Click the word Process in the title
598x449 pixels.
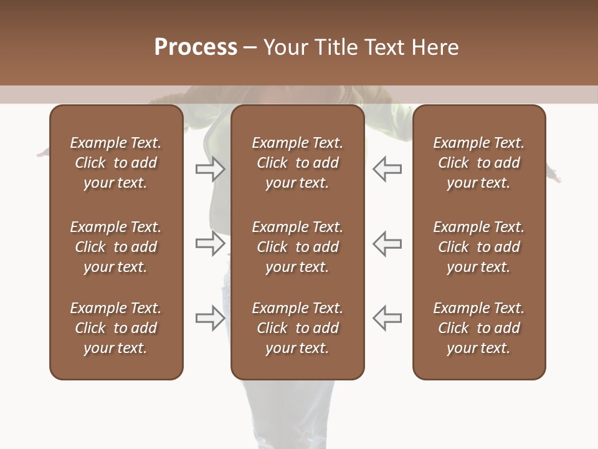pyautogui.click(x=196, y=47)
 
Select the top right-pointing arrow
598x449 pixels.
pyautogui.click(x=210, y=169)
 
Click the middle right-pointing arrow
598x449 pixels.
pyautogui.click(x=210, y=243)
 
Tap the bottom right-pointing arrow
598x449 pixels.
pyautogui.click(x=210, y=318)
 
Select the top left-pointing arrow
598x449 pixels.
pyautogui.click(x=387, y=169)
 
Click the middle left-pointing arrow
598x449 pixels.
pyautogui.click(x=387, y=243)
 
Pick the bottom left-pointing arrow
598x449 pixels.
pyautogui.click(x=387, y=318)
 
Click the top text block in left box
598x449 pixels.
pyautogui.click(x=116, y=163)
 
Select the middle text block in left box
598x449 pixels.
pyautogui.click(x=116, y=247)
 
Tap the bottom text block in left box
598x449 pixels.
pyautogui.click(x=116, y=328)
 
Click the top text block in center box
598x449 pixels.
pyautogui.click(x=297, y=163)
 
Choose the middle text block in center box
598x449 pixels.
pyautogui.click(x=297, y=247)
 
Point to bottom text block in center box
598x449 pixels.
pyautogui.click(x=297, y=328)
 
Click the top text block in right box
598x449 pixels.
pyautogui.click(x=478, y=163)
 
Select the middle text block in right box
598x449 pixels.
pyautogui.click(x=478, y=247)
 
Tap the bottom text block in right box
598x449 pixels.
pyautogui.click(x=478, y=328)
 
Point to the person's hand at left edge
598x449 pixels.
pyautogui.click(x=42, y=153)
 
